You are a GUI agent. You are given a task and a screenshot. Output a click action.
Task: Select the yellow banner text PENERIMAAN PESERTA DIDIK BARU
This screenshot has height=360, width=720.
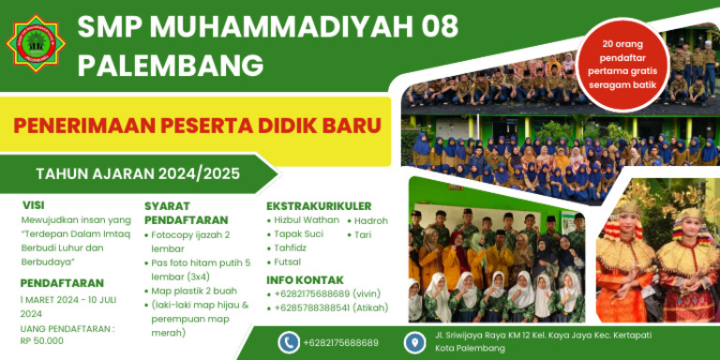click(x=196, y=125)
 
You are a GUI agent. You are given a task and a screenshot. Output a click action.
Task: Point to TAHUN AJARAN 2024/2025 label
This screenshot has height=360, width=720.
click(x=137, y=173)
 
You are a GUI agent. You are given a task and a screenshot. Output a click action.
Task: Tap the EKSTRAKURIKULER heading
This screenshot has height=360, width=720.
click(x=319, y=206)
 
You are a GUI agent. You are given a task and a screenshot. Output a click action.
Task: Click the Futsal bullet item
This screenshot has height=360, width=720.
click(x=288, y=262)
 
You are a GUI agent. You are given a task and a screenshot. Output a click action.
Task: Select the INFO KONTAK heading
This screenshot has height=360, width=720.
click(x=305, y=279)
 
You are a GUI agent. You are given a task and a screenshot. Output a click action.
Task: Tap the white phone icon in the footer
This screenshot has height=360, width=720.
click(x=289, y=342)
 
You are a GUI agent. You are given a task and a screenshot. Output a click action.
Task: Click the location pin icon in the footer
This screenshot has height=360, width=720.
click(x=414, y=342)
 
